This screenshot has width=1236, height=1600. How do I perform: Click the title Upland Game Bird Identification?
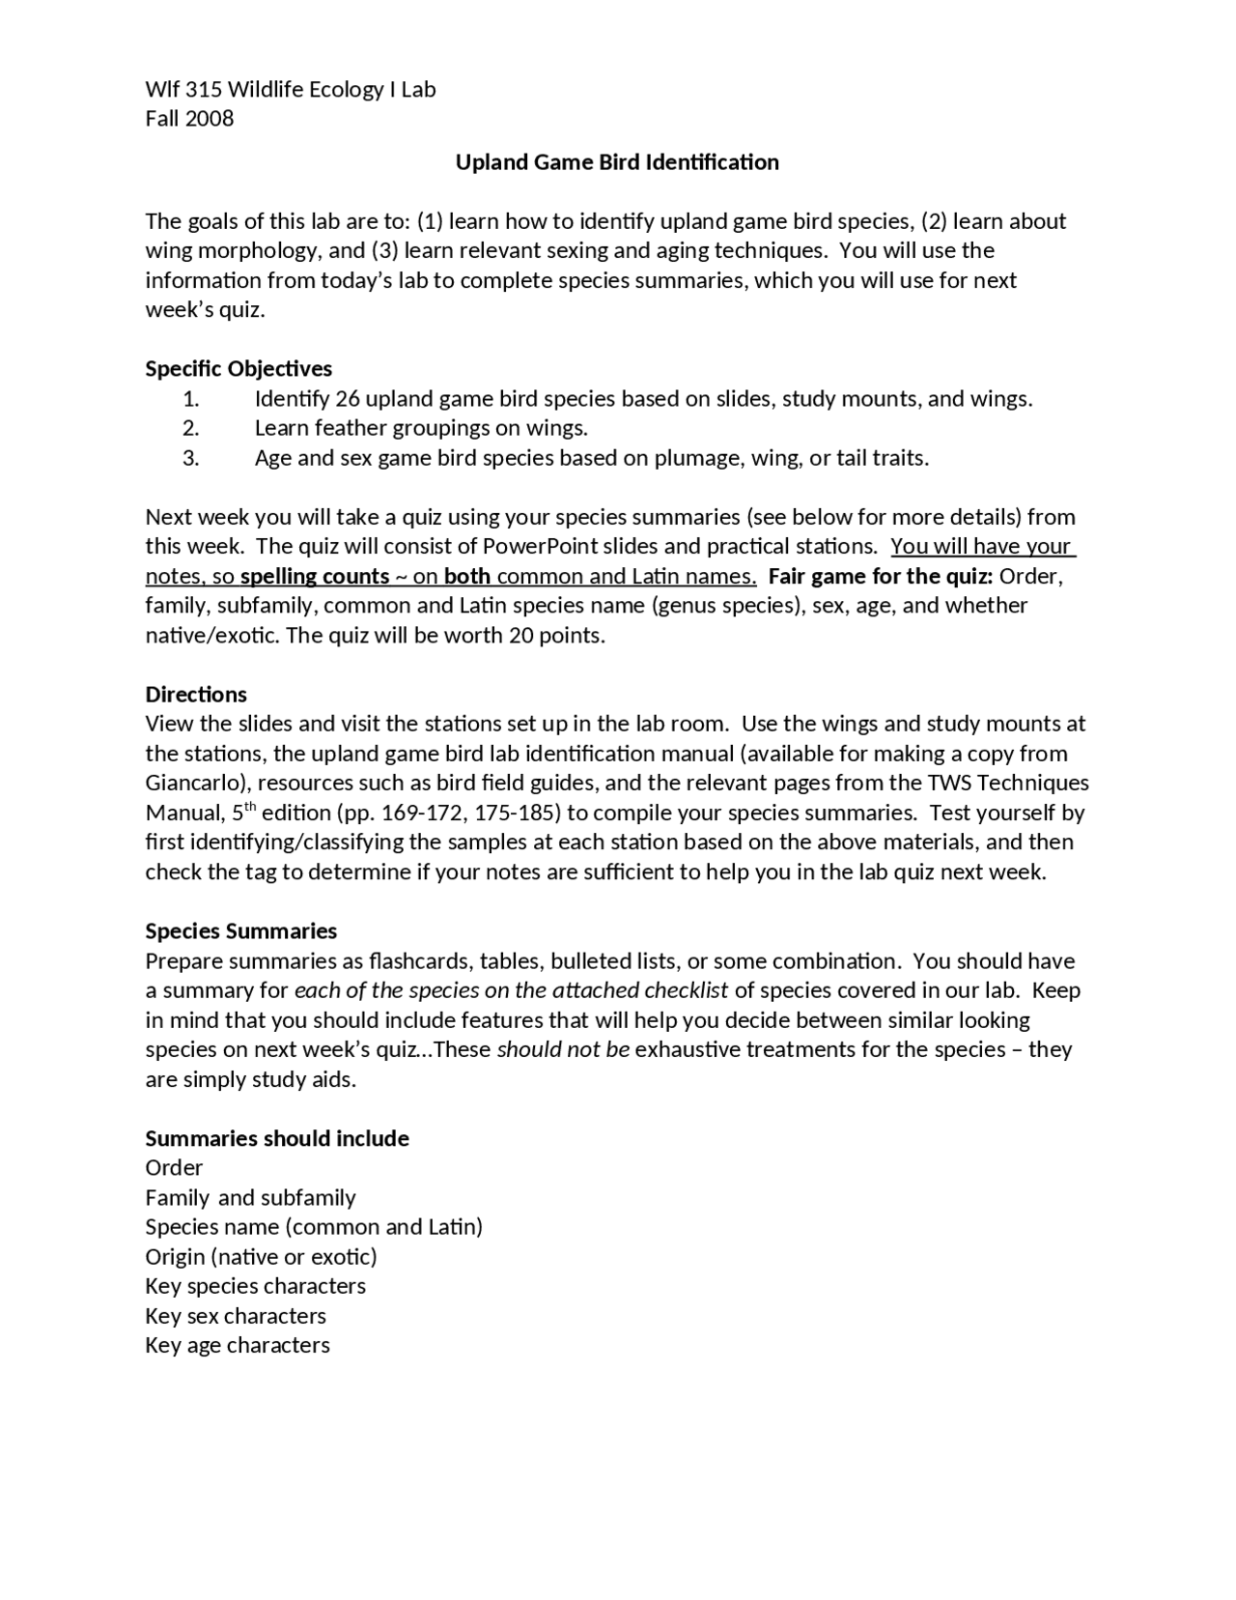pos(617,162)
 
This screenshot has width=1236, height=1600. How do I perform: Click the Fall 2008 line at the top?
pos(189,119)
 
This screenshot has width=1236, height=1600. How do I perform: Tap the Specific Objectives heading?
pos(239,369)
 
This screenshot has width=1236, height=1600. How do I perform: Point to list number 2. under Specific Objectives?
pos(190,428)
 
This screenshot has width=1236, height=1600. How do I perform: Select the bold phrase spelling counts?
pos(314,577)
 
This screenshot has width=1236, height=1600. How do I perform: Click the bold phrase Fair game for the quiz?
pos(881,577)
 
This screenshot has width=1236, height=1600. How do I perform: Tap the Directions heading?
pos(196,695)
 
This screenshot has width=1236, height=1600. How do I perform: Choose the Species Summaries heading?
pos(241,931)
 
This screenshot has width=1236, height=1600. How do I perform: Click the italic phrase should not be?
pos(563,1050)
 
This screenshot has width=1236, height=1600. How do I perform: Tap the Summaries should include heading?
pos(277,1139)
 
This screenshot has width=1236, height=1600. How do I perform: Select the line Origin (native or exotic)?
pos(261,1257)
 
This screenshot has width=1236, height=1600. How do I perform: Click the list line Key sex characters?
pos(236,1316)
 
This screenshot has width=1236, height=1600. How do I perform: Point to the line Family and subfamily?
pos(250,1198)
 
